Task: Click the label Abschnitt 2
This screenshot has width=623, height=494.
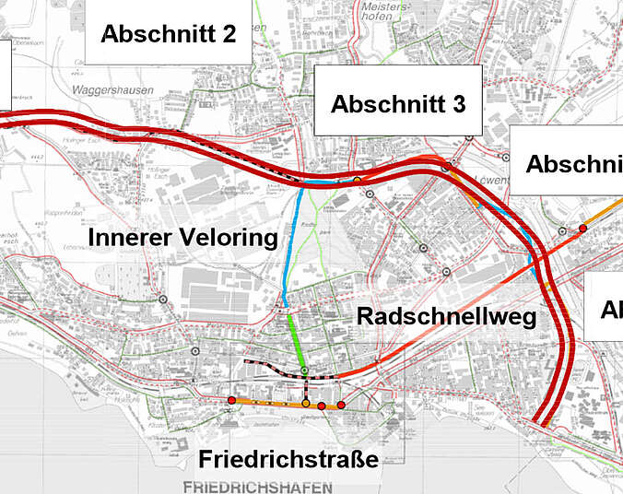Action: [169, 34]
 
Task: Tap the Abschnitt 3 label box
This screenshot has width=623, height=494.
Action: [397, 104]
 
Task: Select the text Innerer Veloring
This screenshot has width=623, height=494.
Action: [182, 239]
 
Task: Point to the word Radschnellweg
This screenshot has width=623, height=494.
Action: [447, 316]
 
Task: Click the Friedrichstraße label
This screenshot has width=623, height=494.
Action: [288, 459]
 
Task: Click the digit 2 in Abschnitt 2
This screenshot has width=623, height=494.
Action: [228, 34]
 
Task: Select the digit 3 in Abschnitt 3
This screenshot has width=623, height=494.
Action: [458, 104]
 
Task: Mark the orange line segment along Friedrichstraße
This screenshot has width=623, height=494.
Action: [267, 403]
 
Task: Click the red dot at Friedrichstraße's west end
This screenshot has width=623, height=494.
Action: [231, 400]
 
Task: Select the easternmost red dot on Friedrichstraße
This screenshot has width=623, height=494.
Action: [341, 406]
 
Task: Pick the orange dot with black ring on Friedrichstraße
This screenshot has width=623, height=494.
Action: [306, 404]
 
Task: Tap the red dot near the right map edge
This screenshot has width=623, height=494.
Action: [582, 228]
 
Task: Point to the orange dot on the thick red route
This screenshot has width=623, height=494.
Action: [357, 180]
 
